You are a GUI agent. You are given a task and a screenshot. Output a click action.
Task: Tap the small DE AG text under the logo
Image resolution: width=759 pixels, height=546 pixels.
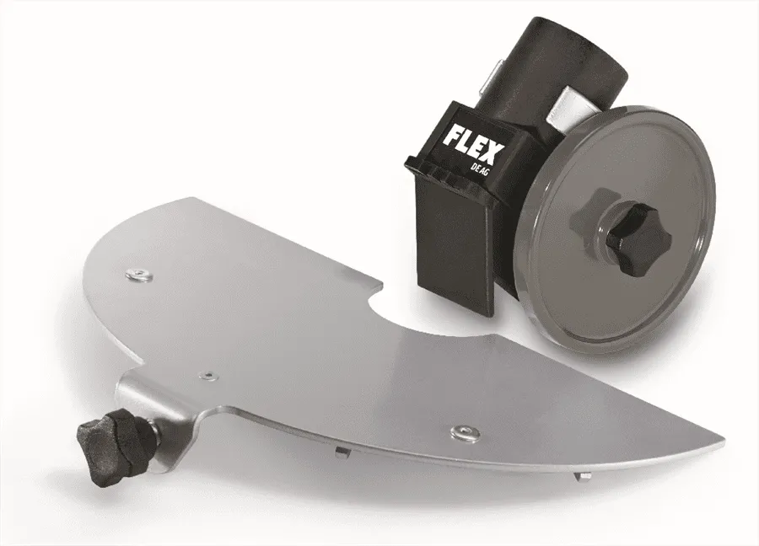click(478, 165)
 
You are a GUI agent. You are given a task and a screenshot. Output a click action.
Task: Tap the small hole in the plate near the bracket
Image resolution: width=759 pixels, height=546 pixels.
click(208, 374)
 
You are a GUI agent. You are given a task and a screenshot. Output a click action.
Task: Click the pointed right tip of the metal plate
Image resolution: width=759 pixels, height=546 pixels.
click(724, 443)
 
